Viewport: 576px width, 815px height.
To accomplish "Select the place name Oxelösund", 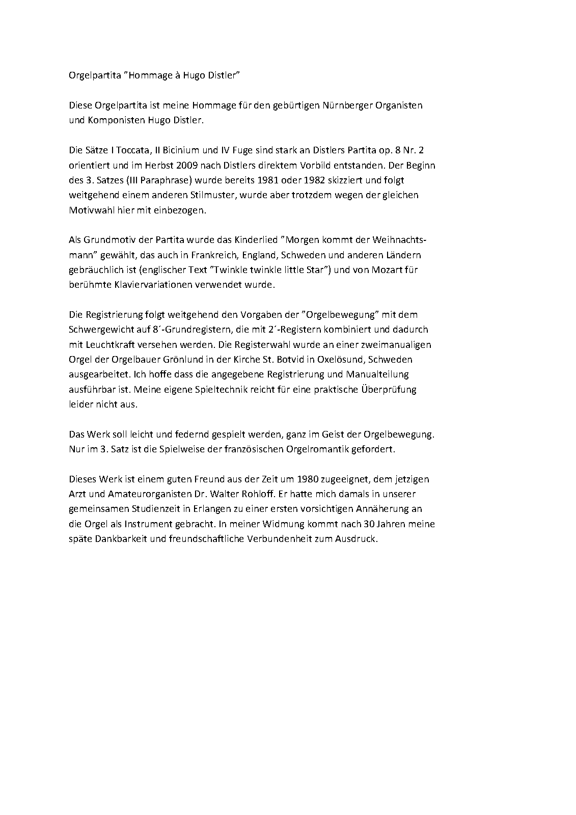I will (341, 359).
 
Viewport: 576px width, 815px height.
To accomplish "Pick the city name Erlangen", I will (193, 509).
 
